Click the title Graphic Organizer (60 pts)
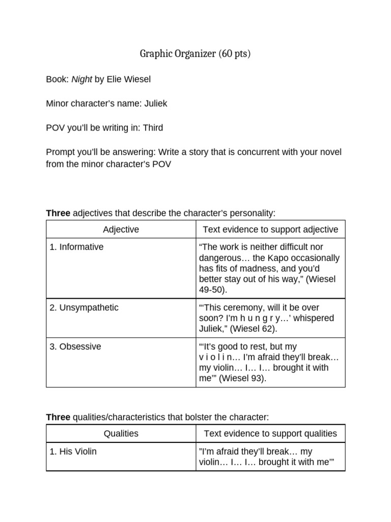[x=195, y=54]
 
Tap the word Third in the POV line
[x=153, y=127]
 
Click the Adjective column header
[x=121, y=229]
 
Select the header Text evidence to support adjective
[x=270, y=229]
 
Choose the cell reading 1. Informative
[x=76, y=247]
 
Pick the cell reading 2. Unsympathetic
[x=84, y=307]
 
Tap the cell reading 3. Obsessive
[x=75, y=346]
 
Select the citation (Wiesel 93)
[x=242, y=378]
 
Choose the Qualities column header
[x=121, y=433]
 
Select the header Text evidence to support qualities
[x=270, y=433]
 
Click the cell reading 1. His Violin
[x=73, y=451]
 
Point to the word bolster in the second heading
[x=188, y=417]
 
